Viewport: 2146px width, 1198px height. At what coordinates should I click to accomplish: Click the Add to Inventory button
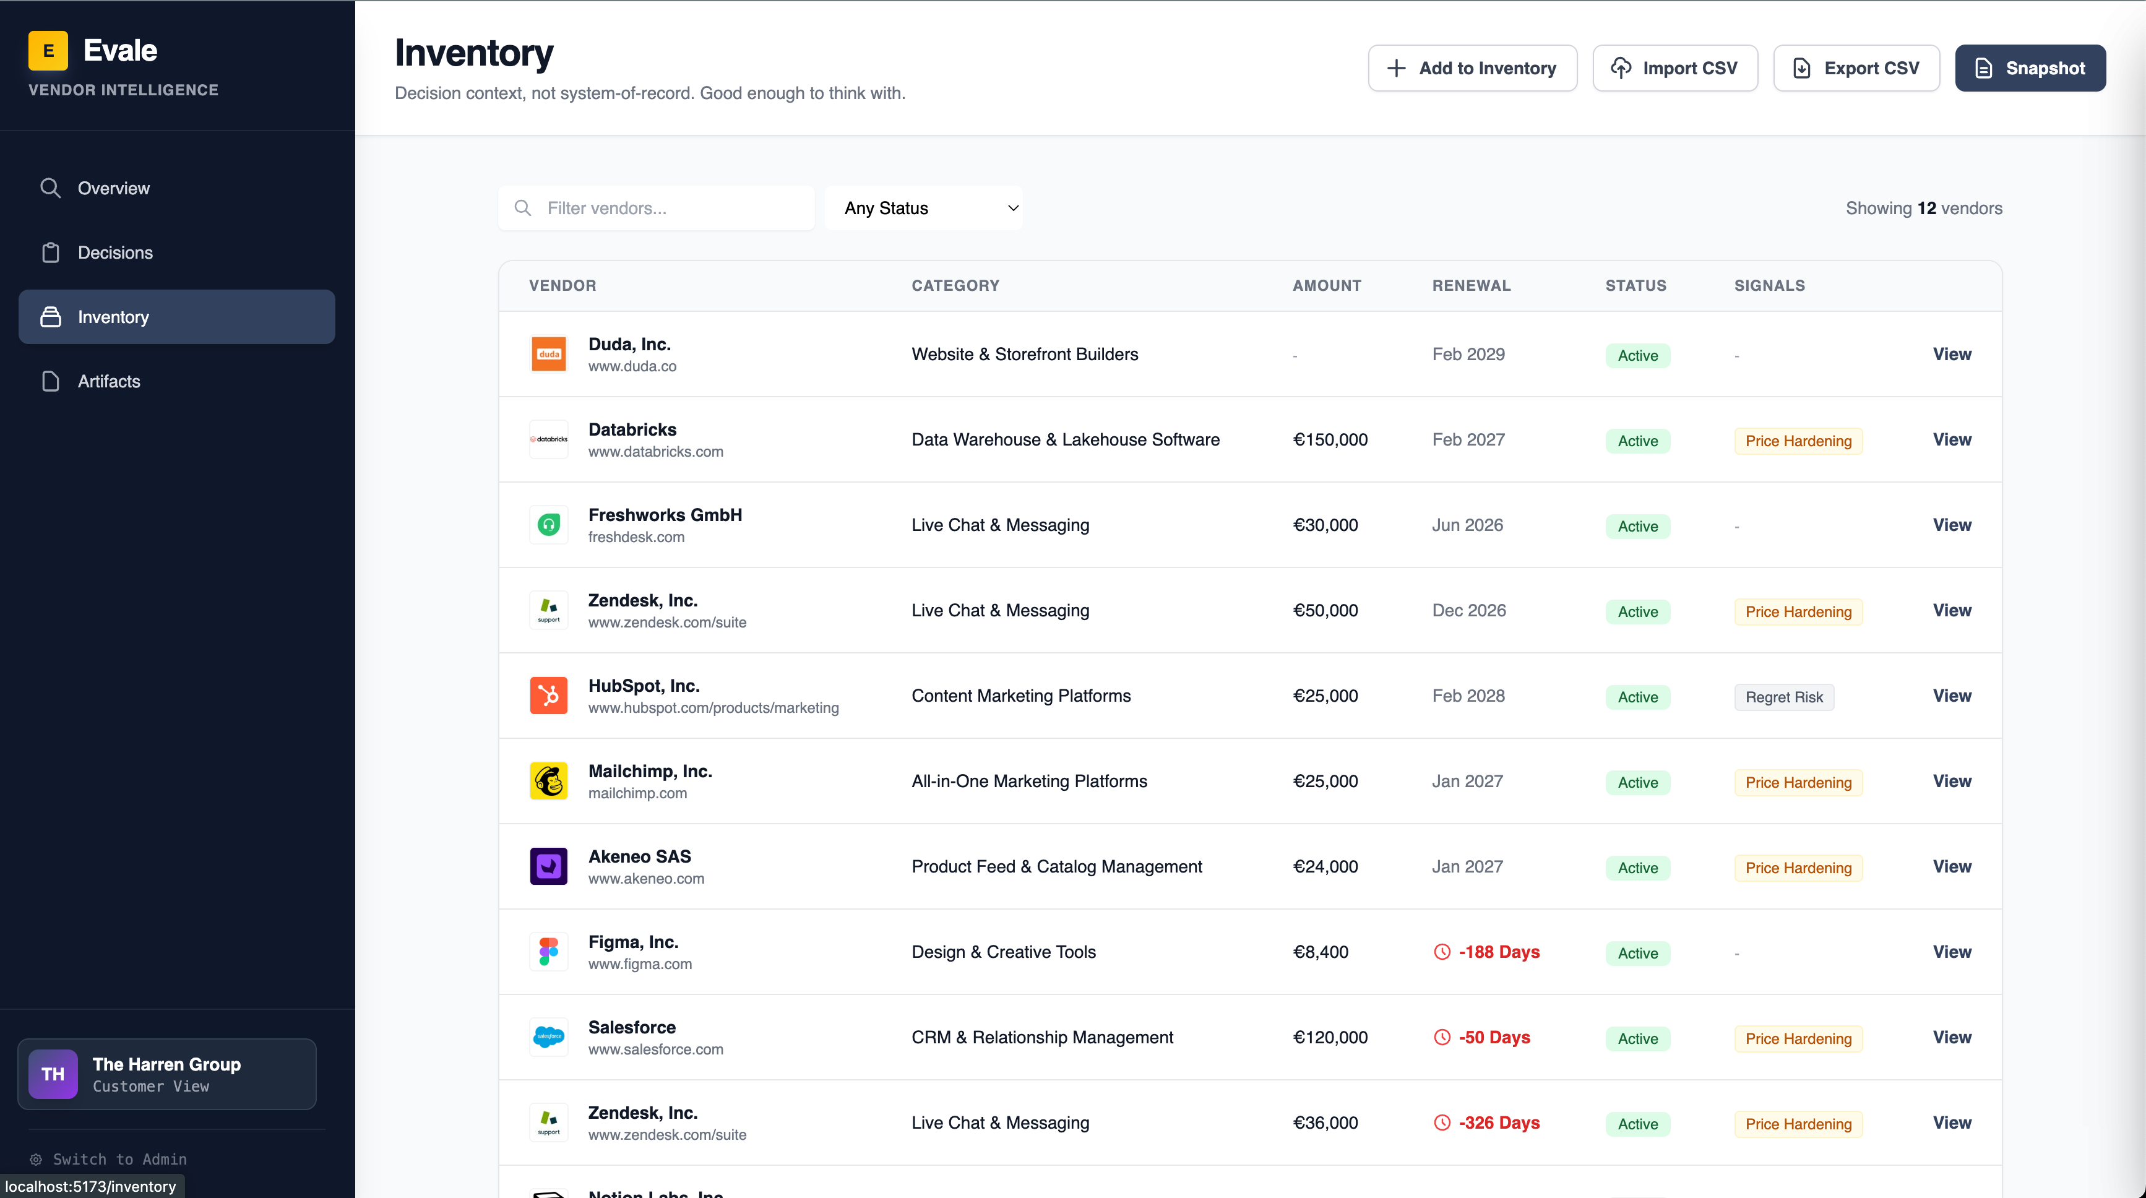click(x=1472, y=68)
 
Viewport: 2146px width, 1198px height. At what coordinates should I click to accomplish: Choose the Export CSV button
click(x=1856, y=68)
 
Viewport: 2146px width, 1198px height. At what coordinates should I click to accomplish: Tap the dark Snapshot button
click(x=2030, y=68)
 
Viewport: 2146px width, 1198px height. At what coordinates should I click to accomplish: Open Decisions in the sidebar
click(x=115, y=252)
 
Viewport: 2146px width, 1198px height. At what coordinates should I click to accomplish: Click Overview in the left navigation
click(x=113, y=188)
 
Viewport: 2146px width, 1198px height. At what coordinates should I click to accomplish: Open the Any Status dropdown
click(x=923, y=209)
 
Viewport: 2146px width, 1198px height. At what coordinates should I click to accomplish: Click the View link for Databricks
click(x=1951, y=440)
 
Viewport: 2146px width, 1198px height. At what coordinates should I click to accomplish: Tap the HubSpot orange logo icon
click(x=549, y=696)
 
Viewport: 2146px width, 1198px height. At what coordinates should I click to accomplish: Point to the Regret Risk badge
click(x=1783, y=697)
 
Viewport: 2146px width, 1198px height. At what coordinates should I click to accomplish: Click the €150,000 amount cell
click(x=1330, y=440)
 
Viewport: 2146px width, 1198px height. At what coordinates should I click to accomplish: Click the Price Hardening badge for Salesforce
click(x=1798, y=1039)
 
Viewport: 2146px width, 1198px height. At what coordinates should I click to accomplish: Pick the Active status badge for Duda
click(x=1637, y=356)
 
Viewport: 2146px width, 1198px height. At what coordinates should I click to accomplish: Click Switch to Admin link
click(x=119, y=1159)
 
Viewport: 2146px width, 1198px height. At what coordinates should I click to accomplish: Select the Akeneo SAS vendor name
click(x=640, y=856)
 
